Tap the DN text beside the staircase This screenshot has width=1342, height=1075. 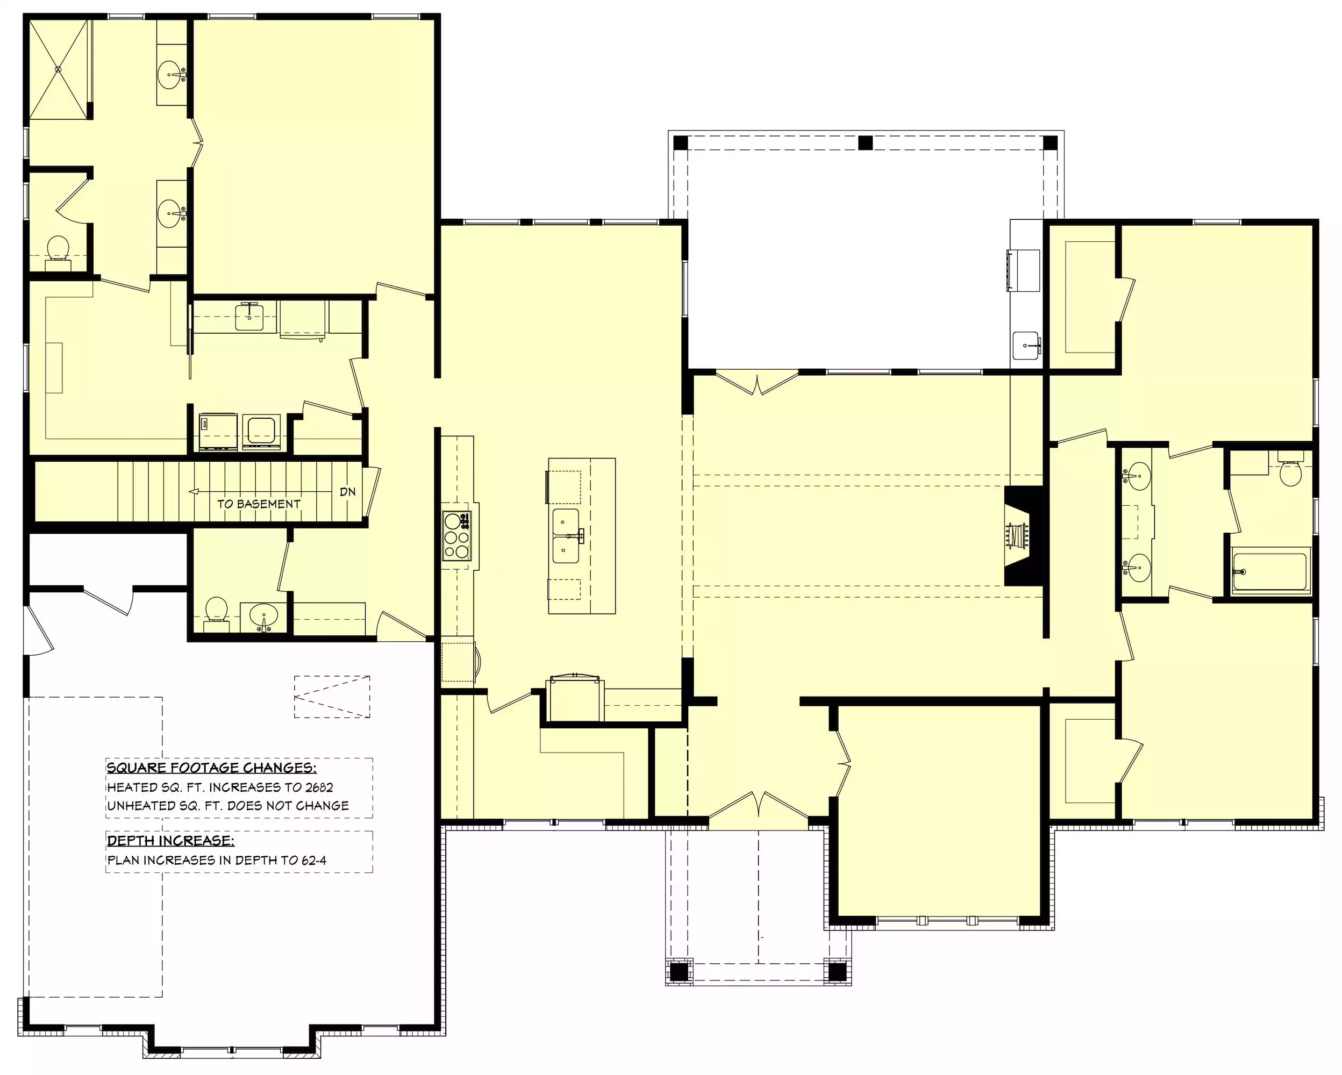click(x=348, y=491)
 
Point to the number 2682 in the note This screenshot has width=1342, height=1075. click(x=319, y=787)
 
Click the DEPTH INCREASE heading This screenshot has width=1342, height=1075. click(x=170, y=841)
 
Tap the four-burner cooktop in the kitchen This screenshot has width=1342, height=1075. click(x=456, y=536)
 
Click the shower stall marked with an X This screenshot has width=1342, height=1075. click(x=59, y=68)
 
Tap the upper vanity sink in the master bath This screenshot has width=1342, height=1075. click(x=170, y=75)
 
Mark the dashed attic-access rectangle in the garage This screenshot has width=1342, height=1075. click(x=332, y=697)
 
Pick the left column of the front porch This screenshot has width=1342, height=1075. click(x=679, y=971)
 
